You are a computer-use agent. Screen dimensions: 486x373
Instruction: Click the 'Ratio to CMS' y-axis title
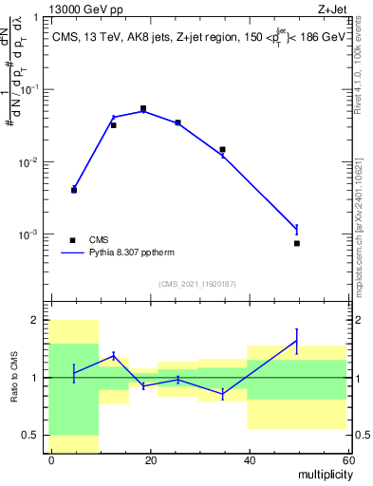[14, 377]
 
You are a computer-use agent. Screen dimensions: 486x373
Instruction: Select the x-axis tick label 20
[151, 459]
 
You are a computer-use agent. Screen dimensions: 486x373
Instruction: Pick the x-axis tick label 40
[250, 459]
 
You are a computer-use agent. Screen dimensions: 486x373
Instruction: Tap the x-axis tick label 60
[347, 459]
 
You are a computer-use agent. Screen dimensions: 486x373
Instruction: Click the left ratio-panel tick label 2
[36, 320]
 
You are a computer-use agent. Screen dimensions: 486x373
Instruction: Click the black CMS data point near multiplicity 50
[296, 243]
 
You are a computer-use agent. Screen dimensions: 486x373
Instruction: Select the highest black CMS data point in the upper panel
[143, 109]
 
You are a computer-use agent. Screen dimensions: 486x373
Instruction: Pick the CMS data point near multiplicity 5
[74, 190]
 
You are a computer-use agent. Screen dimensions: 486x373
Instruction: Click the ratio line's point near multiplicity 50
[296, 342]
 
